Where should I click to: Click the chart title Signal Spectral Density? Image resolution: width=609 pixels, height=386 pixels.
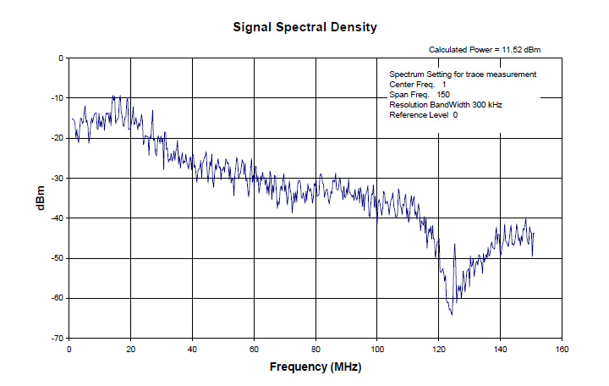[x=304, y=28]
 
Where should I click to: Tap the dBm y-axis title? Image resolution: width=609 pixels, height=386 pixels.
[x=41, y=198]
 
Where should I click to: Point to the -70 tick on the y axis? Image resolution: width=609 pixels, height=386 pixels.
[x=57, y=339]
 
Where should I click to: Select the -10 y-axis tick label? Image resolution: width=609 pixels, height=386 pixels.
[x=57, y=98]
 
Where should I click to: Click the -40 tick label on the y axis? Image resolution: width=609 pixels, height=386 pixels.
[x=57, y=218]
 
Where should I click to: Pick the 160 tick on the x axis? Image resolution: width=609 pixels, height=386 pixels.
[x=562, y=349]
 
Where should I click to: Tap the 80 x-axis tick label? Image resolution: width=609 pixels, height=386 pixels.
[x=315, y=349]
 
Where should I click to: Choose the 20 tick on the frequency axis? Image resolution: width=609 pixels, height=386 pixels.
[x=130, y=349]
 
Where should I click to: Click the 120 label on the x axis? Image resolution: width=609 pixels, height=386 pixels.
[x=438, y=349]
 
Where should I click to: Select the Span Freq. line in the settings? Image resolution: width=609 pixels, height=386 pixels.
[x=420, y=95]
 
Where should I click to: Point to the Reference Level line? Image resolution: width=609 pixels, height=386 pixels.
[x=424, y=115]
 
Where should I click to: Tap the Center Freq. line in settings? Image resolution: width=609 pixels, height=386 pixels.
[x=418, y=85]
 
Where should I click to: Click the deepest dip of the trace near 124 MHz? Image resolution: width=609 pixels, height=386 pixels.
[x=452, y=315]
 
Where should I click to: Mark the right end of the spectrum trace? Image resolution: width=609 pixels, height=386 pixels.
[x=534, y=233]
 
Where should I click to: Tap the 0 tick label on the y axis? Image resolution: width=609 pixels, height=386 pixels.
[x=60, y=58]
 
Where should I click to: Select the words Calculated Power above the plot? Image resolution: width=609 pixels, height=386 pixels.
[x=460, y=50]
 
